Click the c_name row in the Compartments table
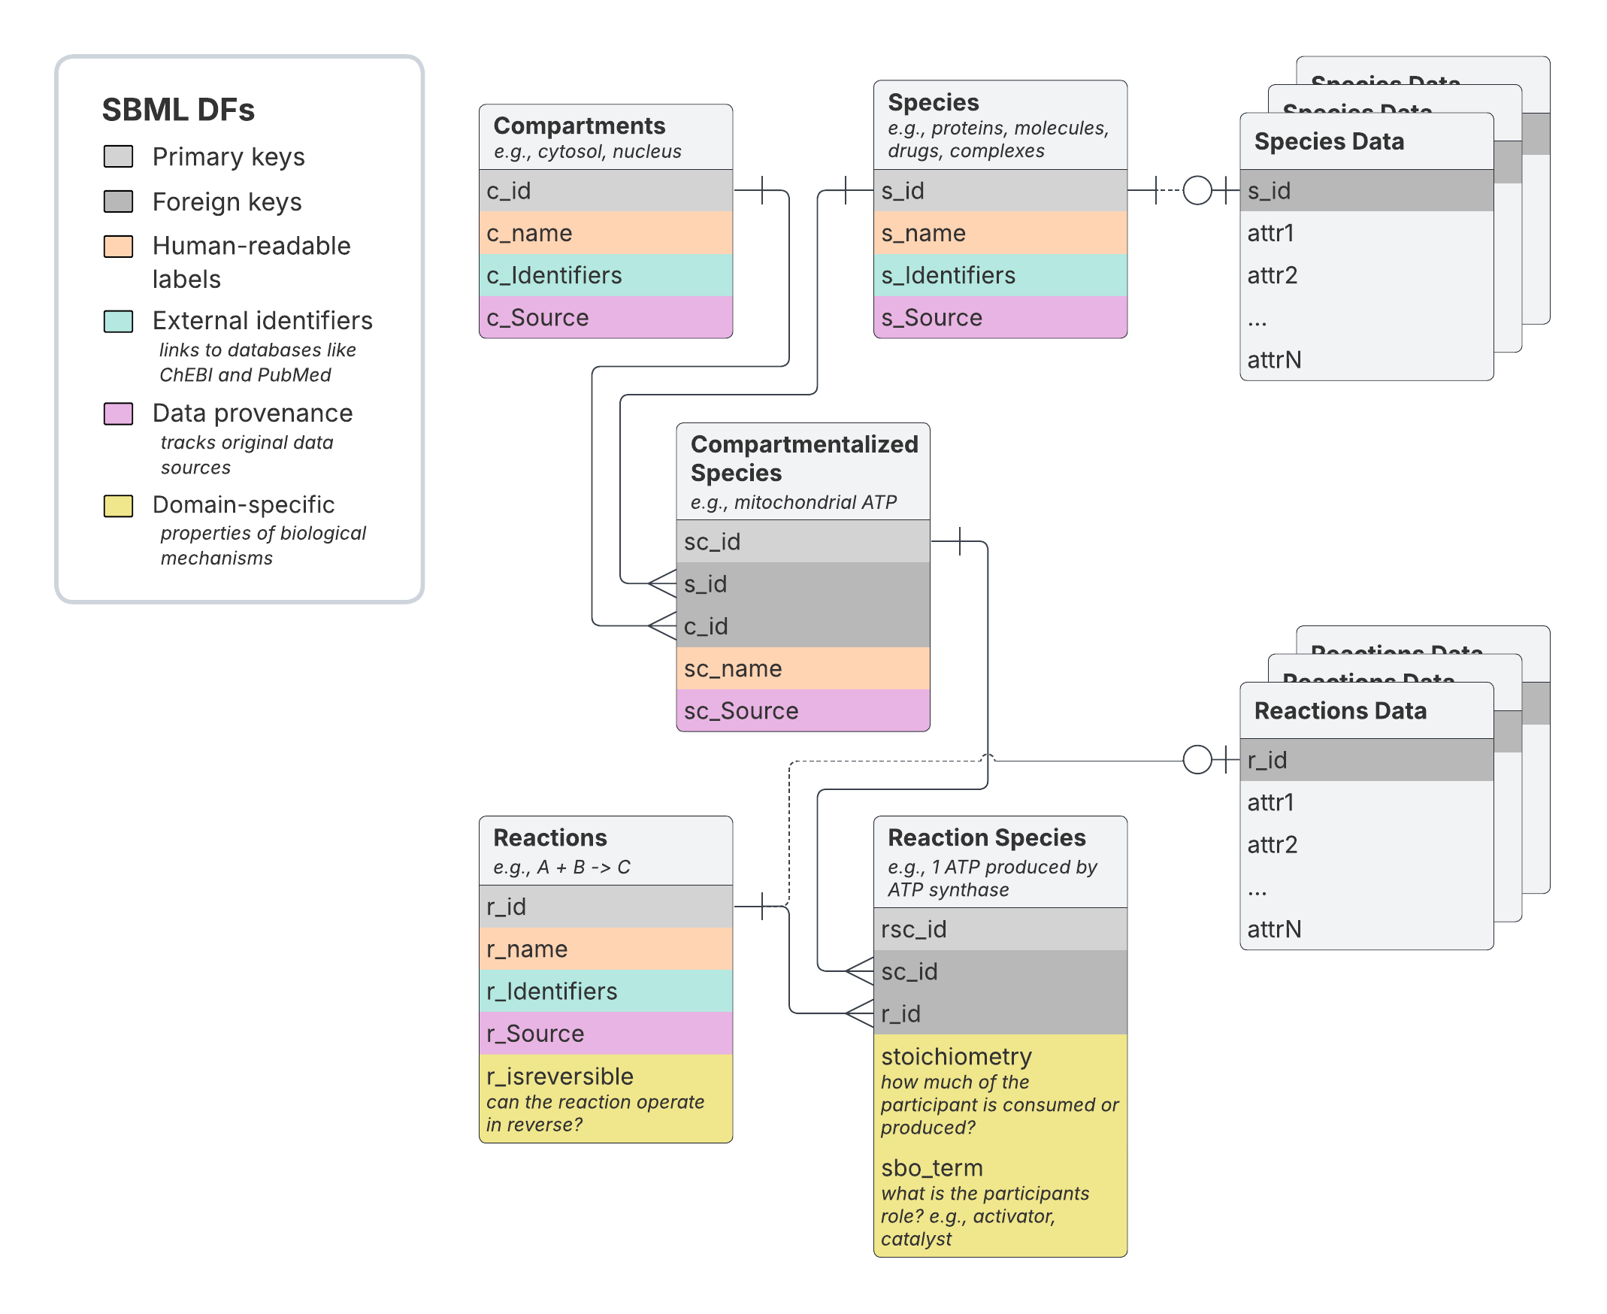pyautogui.click(x=605, y=233)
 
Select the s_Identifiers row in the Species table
pyautogui.click(x=999, y=276)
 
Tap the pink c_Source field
pyautogui.click(x=605, y=318)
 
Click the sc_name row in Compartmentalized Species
pyautogui.click(x=802, y=668)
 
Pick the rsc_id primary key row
pyautogui.click(x=999, y=929)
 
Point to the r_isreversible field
pyautogui.click(x=560, y=1076)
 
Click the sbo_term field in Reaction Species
pyautogui.click(x=932, y=1168)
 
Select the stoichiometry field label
pyautogui.click(x=956, y=1057)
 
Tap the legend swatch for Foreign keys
pyautogui.click(x=118, y=201)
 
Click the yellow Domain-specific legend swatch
pyautogui.click(x=118, y=506)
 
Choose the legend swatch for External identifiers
pyautogui.click(x=118, y=321)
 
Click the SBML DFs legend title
pyautogui.click(x=178, y=110)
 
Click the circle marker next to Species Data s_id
pyautogui.click(x=1197, y=190)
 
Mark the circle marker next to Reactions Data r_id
pyautogui.click(x=1197, y=759)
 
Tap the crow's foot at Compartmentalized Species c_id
pyautogui.click(x=663, y=626)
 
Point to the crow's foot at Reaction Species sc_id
pyautogui.click(x=860, y=971)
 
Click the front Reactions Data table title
pyautogui.click(x=1340, y=710)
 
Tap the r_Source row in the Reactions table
pyautogui.click(x=605, y=1034)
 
